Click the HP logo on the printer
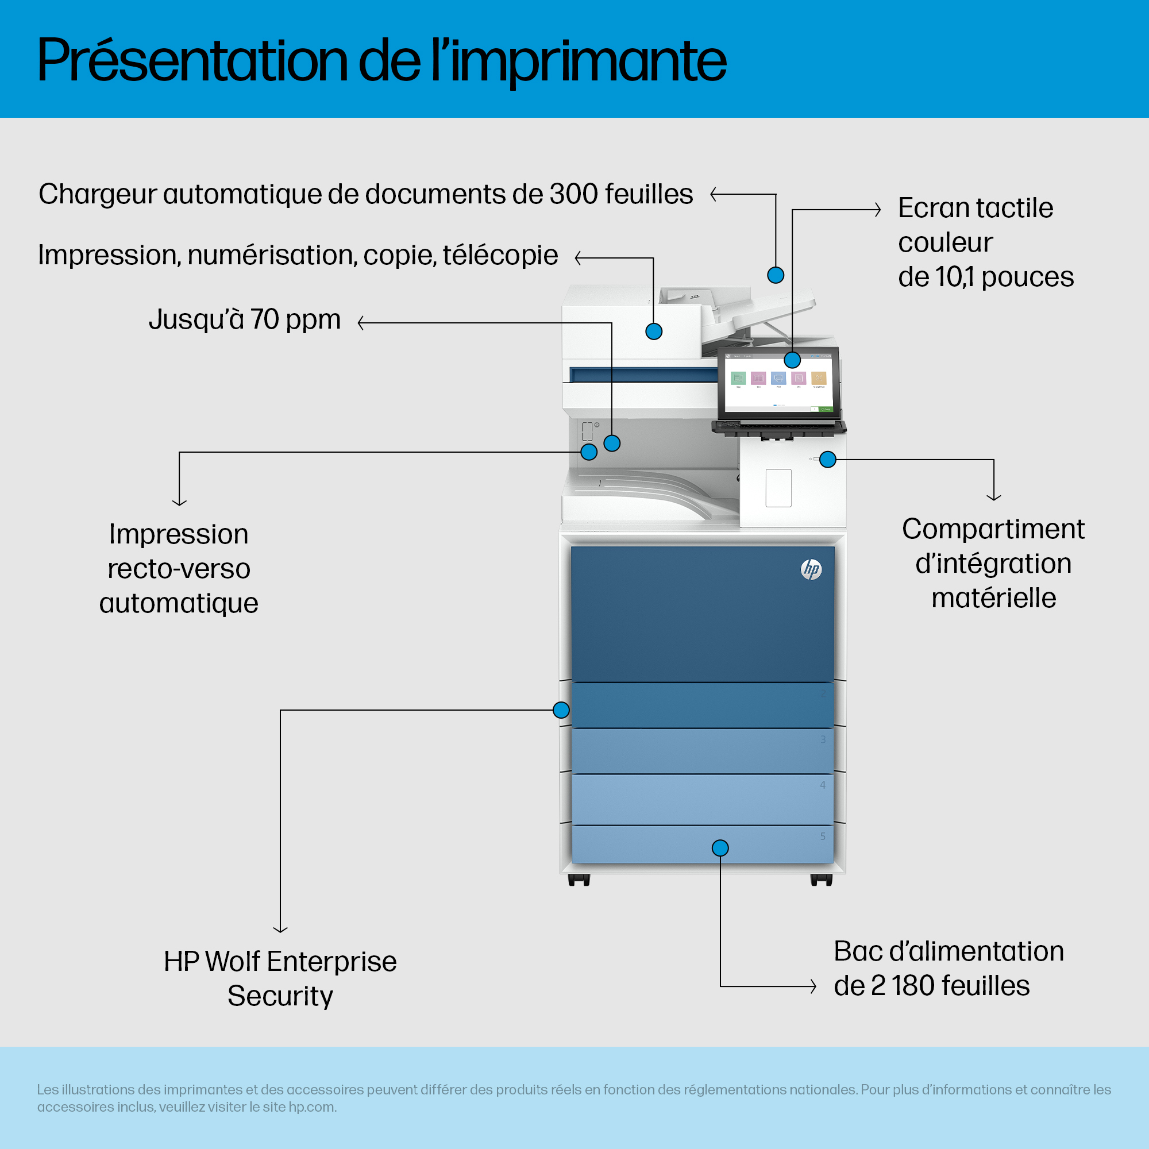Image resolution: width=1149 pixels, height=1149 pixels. pyautogui.click(x=811, y=569)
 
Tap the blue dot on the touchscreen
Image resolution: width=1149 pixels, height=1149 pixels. pyautogui.click(x=792, y=360)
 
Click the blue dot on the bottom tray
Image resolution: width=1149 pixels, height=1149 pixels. pyautogui.click(x=720, y=848)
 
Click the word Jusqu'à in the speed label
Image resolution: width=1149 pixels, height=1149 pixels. pyautogui.click(x=196, y=319)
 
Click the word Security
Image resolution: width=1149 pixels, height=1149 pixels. pyautogui.click(x=280, y=997)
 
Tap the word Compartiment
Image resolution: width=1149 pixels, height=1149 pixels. pyautogui.click(x=993, y=529)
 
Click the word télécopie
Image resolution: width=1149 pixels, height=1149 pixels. pyautogui.click(x=500, y=255)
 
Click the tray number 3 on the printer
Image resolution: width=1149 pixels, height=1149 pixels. pyautogui.click(x=823, y=739)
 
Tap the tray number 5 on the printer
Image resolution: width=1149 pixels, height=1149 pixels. pyautogui.click(x=823, y=836)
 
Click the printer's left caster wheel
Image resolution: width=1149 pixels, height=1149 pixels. pyautogui.click(x=579, y=880)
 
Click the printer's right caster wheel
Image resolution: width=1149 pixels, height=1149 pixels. pyautogui.click(x=822, y=880)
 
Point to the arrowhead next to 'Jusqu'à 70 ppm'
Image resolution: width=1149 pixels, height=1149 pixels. pyautogui.click(x=360, y=323)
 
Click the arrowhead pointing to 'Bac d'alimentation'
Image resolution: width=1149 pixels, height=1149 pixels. pyautogui.click(x=813, y=986)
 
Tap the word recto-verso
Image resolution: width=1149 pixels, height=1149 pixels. pyautogui.click(x=179, y=569)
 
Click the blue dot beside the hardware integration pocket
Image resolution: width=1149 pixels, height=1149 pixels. pyautogui.click(x=828, y=459)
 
